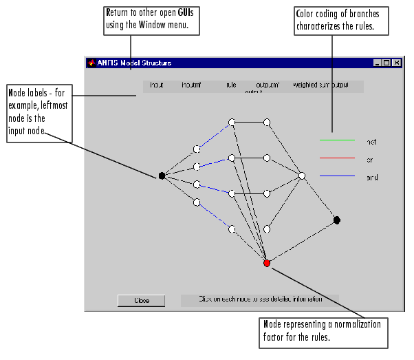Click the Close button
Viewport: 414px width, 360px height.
(141, 300)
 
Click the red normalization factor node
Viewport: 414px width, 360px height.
(267, 263)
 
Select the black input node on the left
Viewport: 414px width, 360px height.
(162, 176)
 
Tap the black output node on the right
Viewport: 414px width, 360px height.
(337, 220)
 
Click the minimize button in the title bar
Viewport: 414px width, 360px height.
(378, 63)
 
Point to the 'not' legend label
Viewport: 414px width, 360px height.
(372, 142)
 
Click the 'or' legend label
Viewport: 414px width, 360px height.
(371, 160)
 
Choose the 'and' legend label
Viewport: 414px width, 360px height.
(372, 178)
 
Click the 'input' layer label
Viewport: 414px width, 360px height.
(156, 85)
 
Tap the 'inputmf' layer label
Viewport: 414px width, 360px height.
(190, 85)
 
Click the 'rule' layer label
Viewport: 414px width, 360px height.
(230, 85)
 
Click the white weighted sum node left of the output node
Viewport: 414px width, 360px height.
(301, 176)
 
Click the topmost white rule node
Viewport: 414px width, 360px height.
(232, 122)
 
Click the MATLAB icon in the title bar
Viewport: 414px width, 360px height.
(91, 63)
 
